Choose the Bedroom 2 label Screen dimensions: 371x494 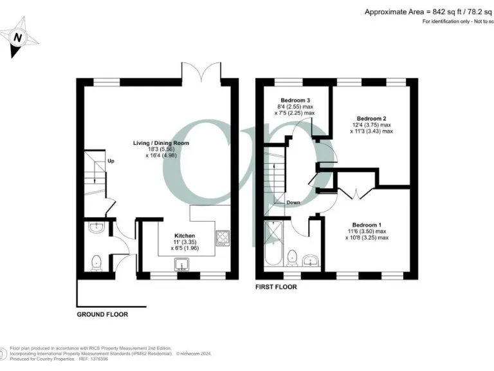point(371,118)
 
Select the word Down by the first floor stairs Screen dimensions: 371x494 point(293,202)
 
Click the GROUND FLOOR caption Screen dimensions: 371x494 point(102,315)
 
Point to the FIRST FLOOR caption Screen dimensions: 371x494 point(276,287)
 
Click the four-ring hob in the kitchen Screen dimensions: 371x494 point(223,238)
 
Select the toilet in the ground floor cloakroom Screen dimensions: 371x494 point(97,262)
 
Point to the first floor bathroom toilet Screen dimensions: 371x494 point(291,258)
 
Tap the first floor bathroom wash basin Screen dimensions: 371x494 point(312,260)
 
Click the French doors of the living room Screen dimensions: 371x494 point(203,72)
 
